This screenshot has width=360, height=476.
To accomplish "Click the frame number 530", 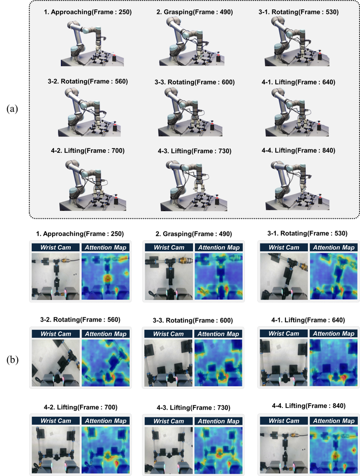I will coord(330,12).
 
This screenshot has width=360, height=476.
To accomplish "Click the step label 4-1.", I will coord(268,82).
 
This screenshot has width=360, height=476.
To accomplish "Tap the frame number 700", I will coord(116,151).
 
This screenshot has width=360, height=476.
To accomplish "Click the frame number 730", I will coord(223,151).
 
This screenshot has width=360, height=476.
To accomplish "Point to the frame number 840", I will coord(326,151).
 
